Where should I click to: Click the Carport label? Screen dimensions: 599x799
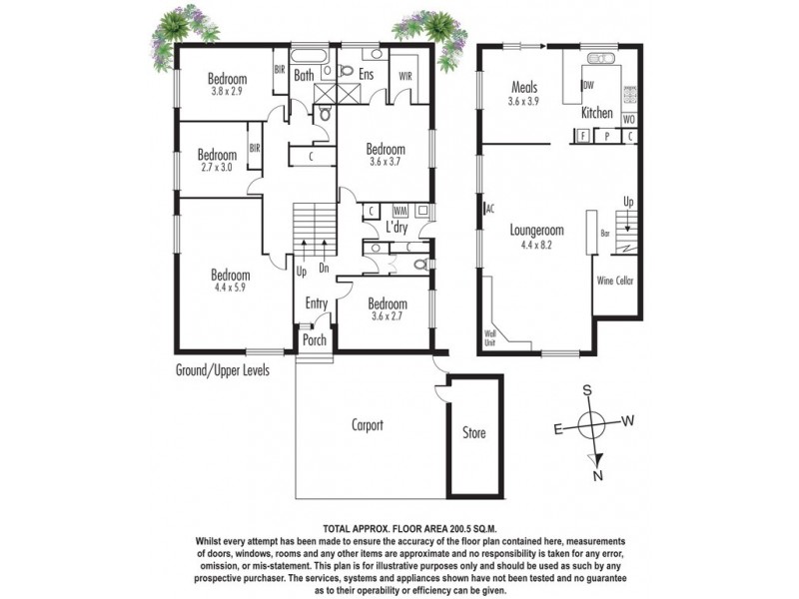[x=368, y=425]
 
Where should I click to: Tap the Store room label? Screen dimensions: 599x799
[x=473, y=433]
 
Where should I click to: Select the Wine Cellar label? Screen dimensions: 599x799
[x=614, y=282]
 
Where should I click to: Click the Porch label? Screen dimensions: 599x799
[x=315, y=339]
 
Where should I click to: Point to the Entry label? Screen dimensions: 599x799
[x=316, y=304]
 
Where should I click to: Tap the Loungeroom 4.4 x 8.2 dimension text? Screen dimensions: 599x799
[x=536, y=244]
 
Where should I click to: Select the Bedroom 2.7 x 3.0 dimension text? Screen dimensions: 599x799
[x=216, y=168]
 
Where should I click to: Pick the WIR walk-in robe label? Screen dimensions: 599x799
[x=406, y=75]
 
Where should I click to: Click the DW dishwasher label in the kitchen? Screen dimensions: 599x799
[x=588, y=86]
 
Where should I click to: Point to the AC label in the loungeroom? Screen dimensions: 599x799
[x=489, y=209]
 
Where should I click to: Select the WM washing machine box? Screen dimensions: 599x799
[x=399, y=212]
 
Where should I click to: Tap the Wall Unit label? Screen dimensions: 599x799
[x=489, y=336]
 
